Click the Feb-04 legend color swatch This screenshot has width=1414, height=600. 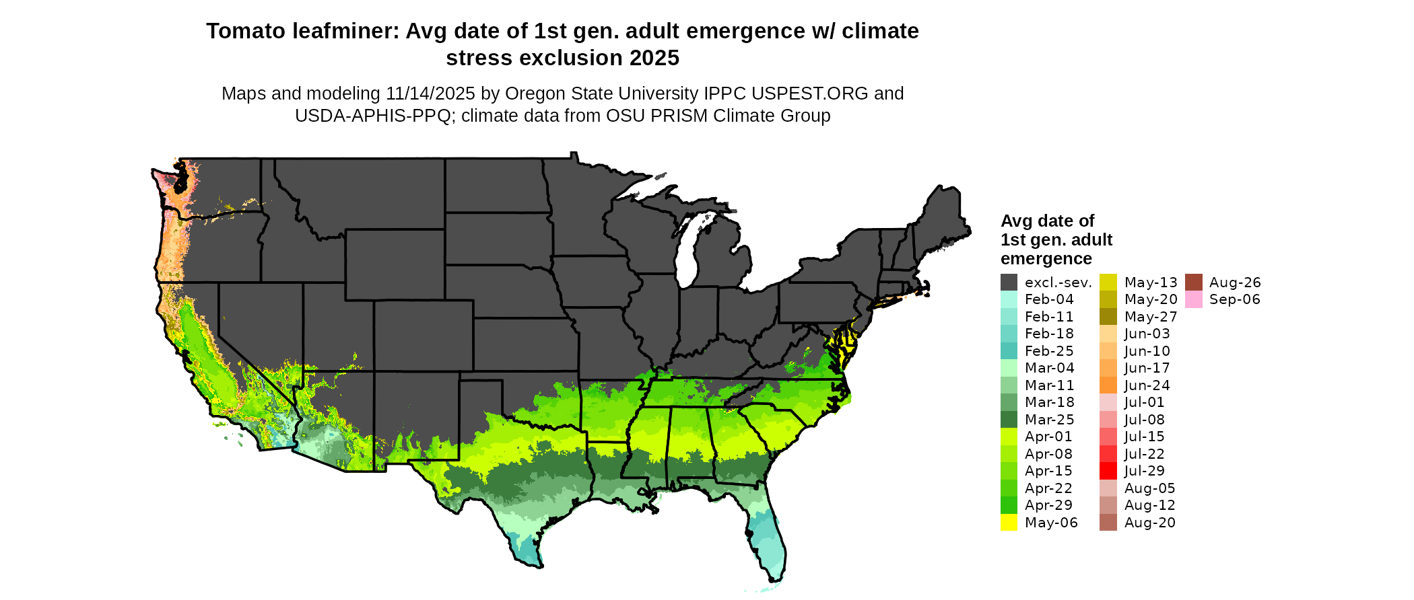[x=1009, y=299]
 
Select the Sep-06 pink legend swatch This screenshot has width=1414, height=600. [x=1193, y=299]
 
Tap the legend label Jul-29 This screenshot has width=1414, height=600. [x=1144, y=471]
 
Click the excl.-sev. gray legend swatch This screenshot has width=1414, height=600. [x=1009, y=283]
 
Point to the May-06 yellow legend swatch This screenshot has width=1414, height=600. [x=1009, y=523]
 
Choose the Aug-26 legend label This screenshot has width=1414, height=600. [x=1235, y=283]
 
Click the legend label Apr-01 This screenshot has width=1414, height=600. [x=1048, y=437]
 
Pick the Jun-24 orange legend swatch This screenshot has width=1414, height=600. [x=1108, y=385]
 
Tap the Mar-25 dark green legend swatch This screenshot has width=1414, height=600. [x=1009, y=420]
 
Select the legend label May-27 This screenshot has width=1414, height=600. [x=1151, y=317]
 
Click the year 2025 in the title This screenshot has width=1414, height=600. [x=654, y=59]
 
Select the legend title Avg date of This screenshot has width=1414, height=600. [x=1047, y=221]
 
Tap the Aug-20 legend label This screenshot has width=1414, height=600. [x=1149, y=523]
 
